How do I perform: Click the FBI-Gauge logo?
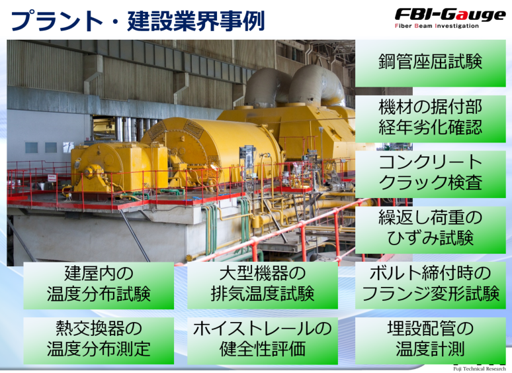click(450, 19)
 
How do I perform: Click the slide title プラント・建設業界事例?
click(138, 21)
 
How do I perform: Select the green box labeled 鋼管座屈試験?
click(431, 63)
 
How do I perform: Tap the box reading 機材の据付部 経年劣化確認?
click(431, 119)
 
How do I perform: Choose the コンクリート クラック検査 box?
click(431, 174)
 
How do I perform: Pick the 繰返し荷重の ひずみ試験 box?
click(431, 230)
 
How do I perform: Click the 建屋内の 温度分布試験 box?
click(99, 286)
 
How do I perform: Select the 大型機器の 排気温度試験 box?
click(263, 286)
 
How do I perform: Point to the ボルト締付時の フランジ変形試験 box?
click(431, 286)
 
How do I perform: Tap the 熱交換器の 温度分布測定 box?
click(99, 341)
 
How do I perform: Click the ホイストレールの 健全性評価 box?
click(263, 341)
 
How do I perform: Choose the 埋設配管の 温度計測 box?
click(431, 341)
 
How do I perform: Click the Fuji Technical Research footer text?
click(479, 369)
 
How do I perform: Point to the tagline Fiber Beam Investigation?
click(437, 26)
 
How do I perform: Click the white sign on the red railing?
click(52, 178)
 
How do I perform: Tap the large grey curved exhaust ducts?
click(294, 85)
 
